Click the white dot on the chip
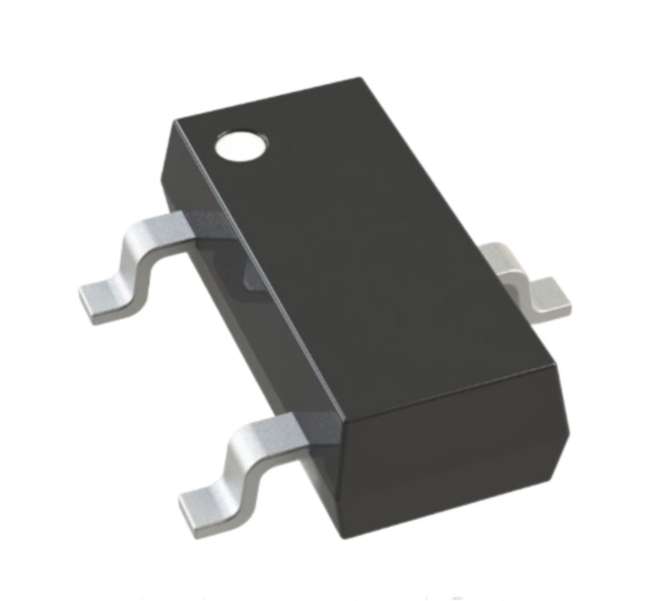pos(241,145)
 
